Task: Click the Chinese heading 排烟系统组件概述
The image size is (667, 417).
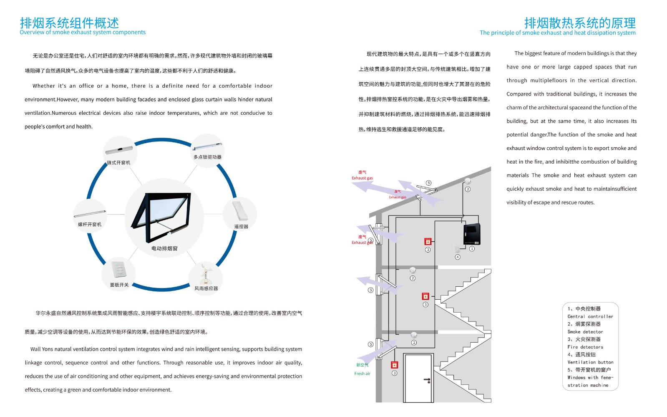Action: [69, 23]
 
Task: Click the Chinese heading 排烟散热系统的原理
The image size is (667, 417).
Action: [580, 23]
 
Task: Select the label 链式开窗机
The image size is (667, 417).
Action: [118, 163]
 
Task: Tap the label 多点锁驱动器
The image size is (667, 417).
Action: [207, 157]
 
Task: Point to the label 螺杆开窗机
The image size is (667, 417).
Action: [90, 225]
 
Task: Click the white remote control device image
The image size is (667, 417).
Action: [240, 211]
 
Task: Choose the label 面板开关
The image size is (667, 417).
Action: [119, 285]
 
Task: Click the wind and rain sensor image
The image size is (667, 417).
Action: [206, 273]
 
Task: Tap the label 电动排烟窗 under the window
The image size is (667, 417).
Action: [164, 249]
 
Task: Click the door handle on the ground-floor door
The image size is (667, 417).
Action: [428, 380]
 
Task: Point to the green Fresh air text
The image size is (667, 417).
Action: [362, 374]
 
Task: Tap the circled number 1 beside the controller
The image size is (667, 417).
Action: [472, 249]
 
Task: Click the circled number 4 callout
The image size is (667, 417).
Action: [458, 257]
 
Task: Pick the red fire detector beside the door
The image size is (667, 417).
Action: [394, 365]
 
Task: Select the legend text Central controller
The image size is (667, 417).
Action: [590, 317]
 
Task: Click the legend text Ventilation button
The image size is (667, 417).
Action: [590, 362]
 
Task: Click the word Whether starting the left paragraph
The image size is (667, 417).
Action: [44, 86]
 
